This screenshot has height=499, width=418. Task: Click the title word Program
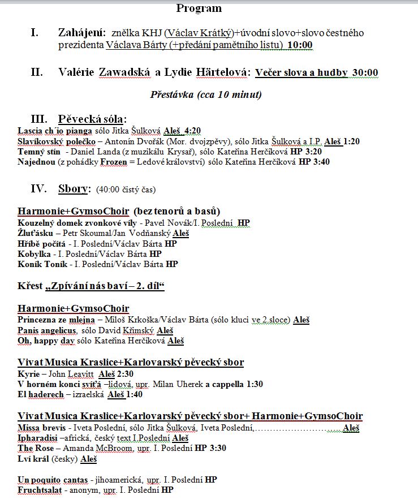click(199, 8)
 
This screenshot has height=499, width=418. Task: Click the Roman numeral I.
click(35, 33)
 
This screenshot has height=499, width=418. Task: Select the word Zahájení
click(81, 33)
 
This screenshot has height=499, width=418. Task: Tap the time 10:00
click(300, 45)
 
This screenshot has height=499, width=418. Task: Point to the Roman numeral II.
click(37, 72)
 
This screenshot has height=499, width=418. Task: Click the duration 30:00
click(365, 72)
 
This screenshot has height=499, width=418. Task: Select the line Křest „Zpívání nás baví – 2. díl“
click(91, 286)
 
